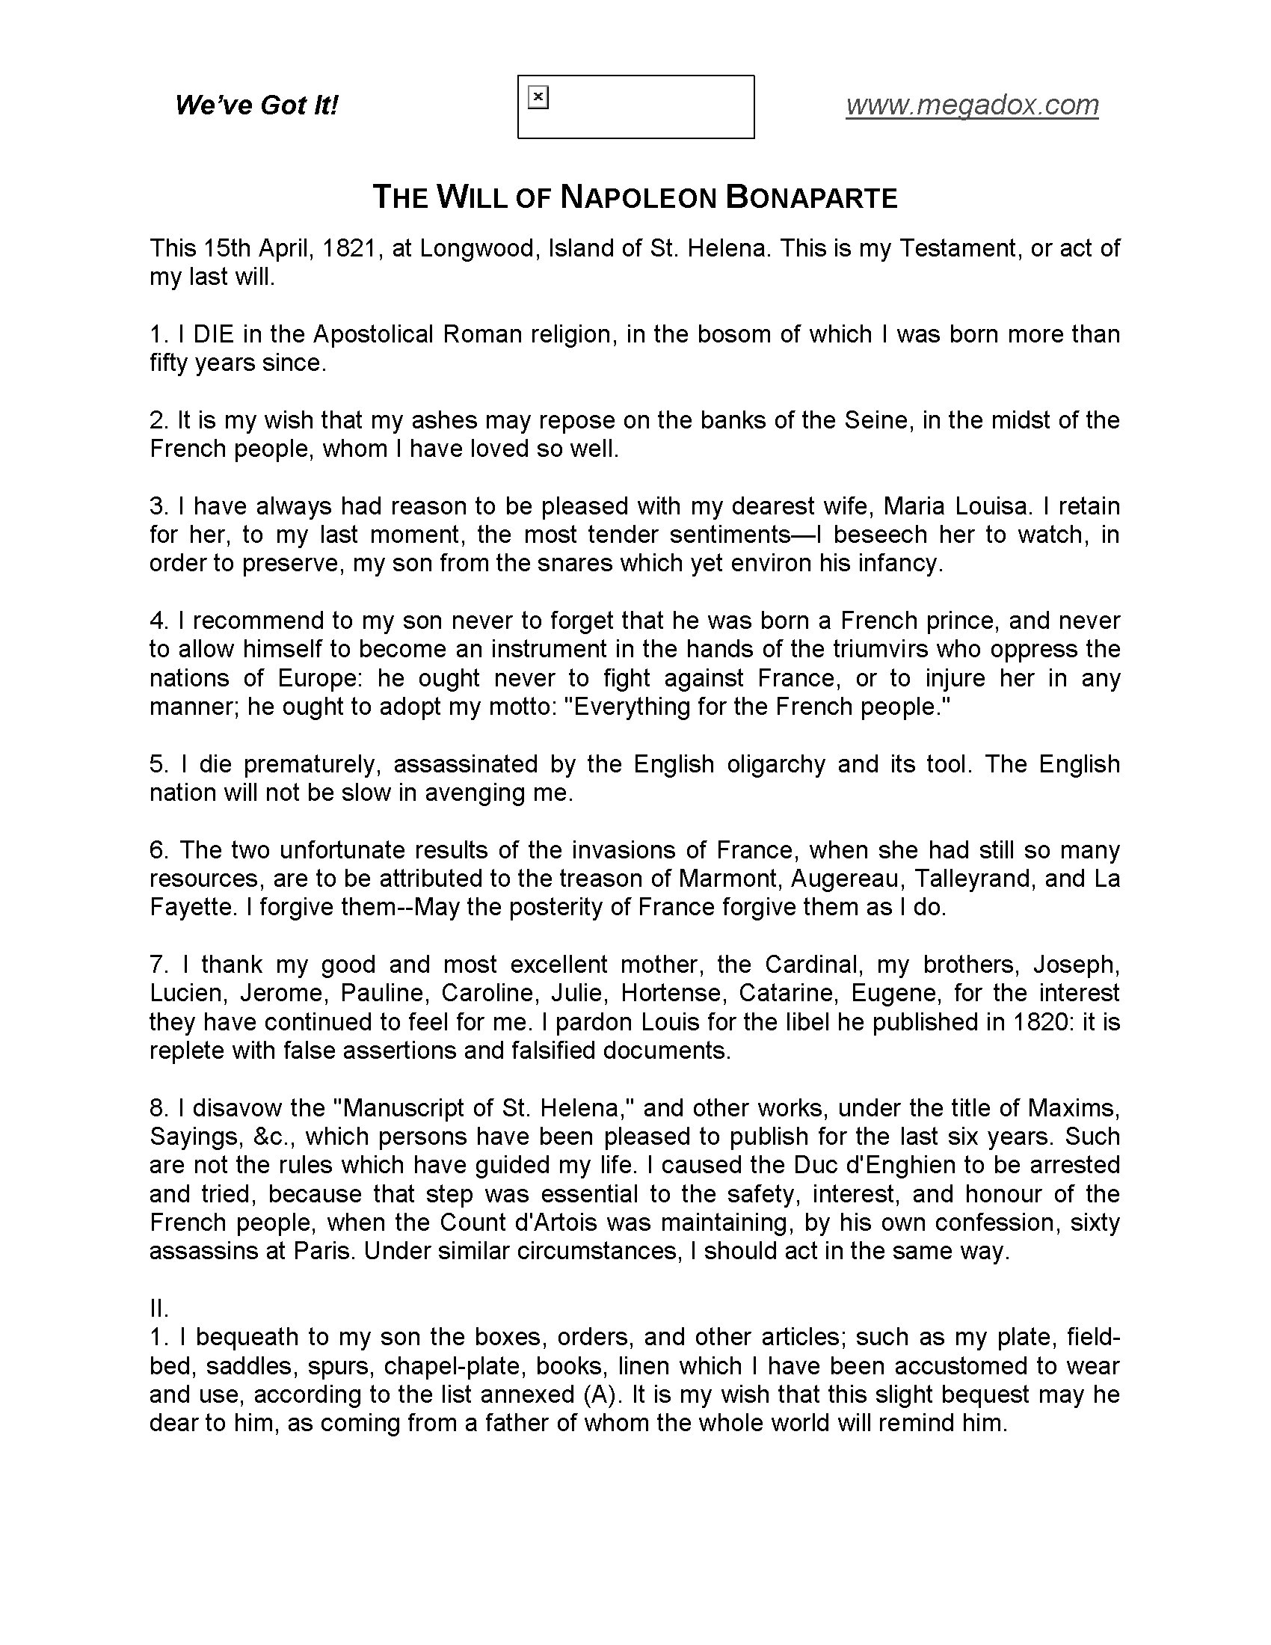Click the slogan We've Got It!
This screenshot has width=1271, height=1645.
(256, 105)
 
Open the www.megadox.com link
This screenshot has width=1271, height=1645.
(972, 105)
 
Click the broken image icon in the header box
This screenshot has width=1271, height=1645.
(538, 98)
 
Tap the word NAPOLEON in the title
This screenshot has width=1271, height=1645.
(638, 198)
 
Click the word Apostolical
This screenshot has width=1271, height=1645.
(374, 334)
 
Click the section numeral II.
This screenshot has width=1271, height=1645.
(158, 1309)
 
